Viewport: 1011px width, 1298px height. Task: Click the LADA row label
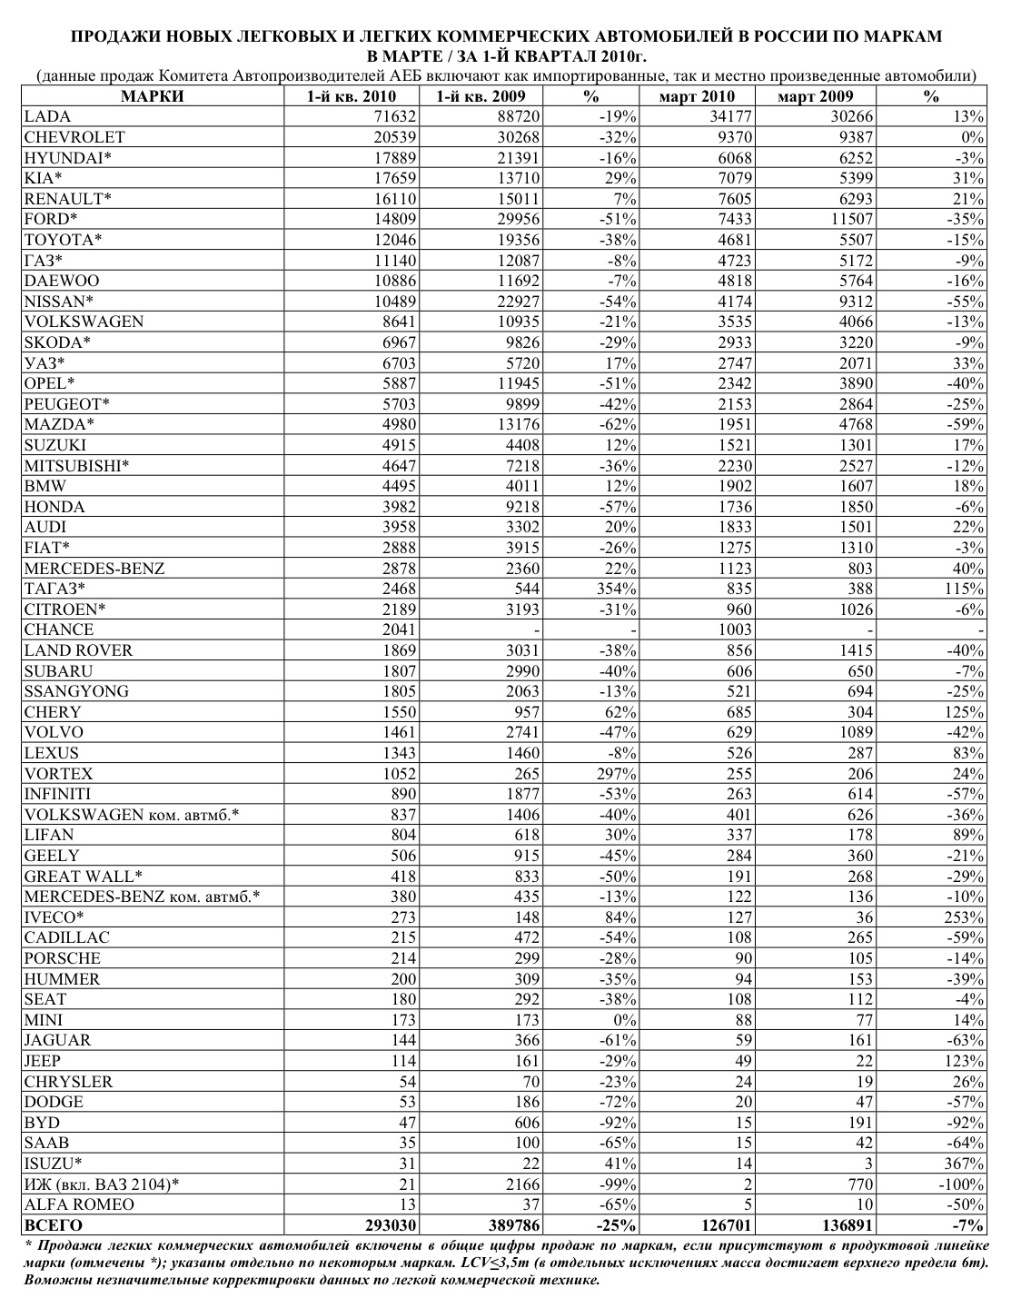(47, 116)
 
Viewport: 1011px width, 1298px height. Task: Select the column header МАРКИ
(153, 97)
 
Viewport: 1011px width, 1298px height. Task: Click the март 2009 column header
(815, 97)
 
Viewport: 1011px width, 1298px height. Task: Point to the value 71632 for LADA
(392, 116)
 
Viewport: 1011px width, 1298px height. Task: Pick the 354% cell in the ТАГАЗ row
(616, 589)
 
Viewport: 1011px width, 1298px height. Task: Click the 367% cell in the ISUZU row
(965, 1164)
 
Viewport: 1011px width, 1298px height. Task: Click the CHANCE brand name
(59, 629)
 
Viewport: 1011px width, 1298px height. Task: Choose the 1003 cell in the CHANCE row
(732, 629)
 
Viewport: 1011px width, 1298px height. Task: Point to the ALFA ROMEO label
(79, 1204)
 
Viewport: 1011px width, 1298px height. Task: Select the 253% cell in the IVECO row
(965, 917)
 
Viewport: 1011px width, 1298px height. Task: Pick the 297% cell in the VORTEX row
(616, 774)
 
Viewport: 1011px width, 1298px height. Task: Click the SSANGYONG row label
(76, 691)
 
